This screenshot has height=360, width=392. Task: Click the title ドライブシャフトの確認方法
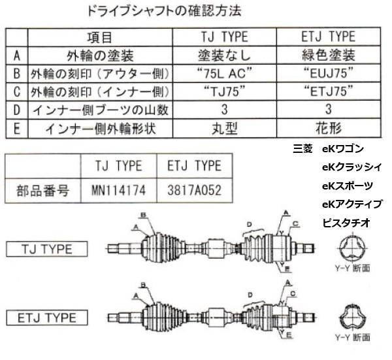(165, 11)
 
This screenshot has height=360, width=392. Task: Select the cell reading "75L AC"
(225, 73)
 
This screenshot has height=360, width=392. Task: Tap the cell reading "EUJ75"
(329, 73)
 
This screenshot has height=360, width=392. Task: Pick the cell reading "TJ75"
(225, 91)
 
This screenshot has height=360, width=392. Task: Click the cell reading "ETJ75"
(329, 91)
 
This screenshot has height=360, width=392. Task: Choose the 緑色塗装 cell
(329, 56)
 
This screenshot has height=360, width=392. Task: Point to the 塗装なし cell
(225, 56)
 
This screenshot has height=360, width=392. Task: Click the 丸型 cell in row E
(225, 129)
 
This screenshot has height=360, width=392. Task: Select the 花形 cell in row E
(329, 129)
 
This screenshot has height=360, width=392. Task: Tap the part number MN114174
(119, 190)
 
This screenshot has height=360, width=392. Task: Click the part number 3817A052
(195, 190)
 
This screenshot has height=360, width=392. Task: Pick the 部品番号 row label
(42, 191)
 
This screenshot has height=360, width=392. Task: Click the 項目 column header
(100, 37)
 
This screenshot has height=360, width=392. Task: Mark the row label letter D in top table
(17, 110)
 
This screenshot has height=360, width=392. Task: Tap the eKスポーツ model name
(348, 186)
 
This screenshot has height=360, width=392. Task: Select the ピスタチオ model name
(346, 223)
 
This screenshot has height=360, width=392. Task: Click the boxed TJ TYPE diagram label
(47, 249)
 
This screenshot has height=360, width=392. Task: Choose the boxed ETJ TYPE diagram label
(47, 318)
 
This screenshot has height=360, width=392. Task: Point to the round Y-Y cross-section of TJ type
(353, 248)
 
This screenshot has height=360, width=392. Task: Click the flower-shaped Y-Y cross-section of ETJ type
(353, 318)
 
